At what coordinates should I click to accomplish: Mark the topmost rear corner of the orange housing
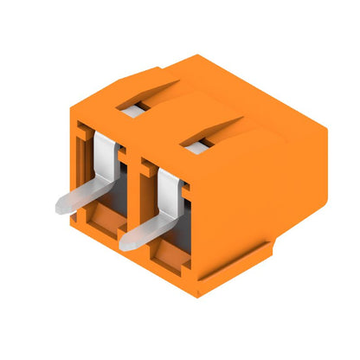(x=202, y=56)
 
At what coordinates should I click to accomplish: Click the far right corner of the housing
(x=327, y=138)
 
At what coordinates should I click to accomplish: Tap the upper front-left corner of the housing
(x=71, y=121)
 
